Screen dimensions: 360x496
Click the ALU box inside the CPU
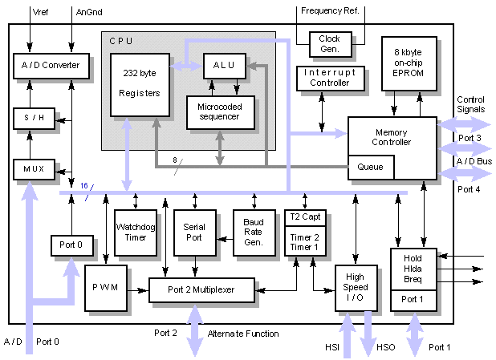225,65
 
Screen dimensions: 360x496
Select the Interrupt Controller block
321,78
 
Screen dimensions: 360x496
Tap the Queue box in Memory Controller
370,167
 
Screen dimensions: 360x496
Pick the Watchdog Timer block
135,232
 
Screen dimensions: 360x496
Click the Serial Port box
194,232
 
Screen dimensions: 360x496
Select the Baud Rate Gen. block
253,232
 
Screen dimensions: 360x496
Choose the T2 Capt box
303,216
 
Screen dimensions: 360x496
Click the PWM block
105,288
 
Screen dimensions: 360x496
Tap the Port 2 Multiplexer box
201,289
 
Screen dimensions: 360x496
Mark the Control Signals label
470,105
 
